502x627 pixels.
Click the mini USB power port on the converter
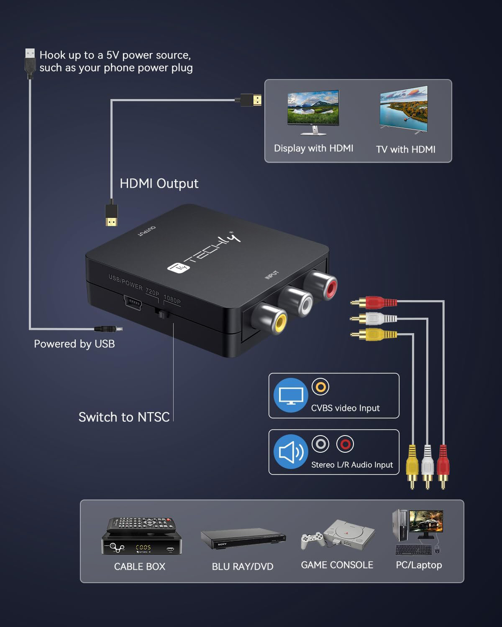pos(132,302)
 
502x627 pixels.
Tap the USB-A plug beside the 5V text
pos(30,63)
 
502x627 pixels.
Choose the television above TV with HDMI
pos(404,110)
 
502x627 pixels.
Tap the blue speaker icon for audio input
pos(291,452)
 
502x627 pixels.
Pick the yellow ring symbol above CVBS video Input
pos(320,387)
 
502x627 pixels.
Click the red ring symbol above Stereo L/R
pos(345,444)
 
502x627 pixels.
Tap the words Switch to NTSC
pos(124,417)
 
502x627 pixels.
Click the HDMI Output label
pos(159,184)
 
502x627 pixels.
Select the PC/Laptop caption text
pos(419,565)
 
